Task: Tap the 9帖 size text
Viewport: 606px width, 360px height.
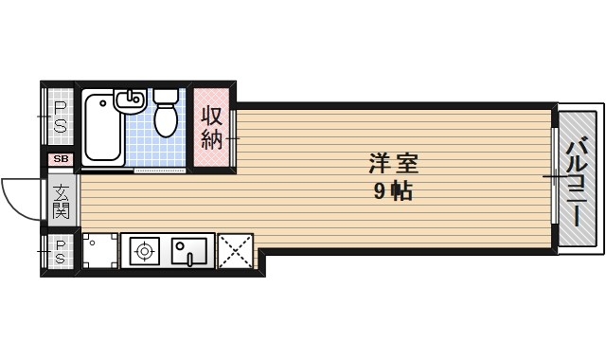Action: coord(392,192)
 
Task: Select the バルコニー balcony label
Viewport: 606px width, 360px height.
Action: coord(577,182)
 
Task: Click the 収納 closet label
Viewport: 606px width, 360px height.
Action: coord(210,128)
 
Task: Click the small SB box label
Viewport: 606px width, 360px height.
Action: coord(61,159)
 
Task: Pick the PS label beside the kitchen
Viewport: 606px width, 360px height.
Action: coord(59,251)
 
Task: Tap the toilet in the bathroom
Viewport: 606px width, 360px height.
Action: coord(167,119)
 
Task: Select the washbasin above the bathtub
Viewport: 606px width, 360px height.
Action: coord(129,99)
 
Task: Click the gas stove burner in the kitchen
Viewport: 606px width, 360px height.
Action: coord(144,251)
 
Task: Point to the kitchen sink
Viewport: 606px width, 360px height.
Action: coord(189,251)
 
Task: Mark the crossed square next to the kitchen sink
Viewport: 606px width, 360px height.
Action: coord(234,251)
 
